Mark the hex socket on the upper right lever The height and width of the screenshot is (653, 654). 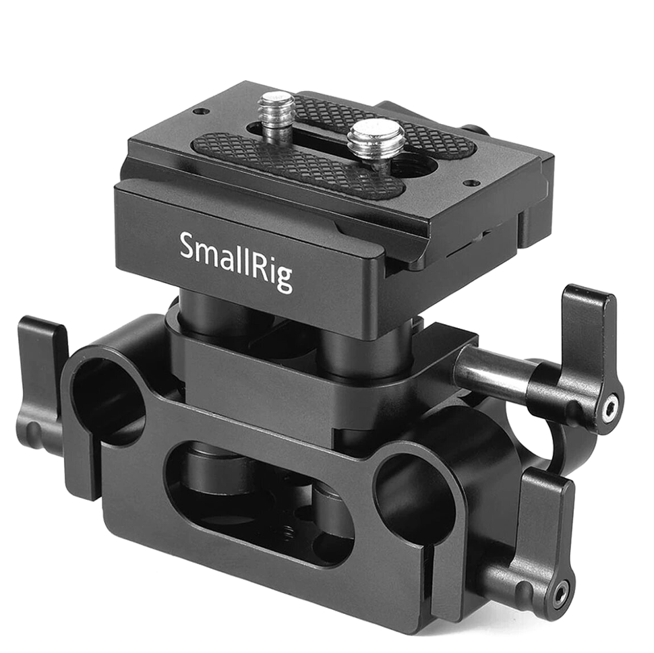coord(611,406)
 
